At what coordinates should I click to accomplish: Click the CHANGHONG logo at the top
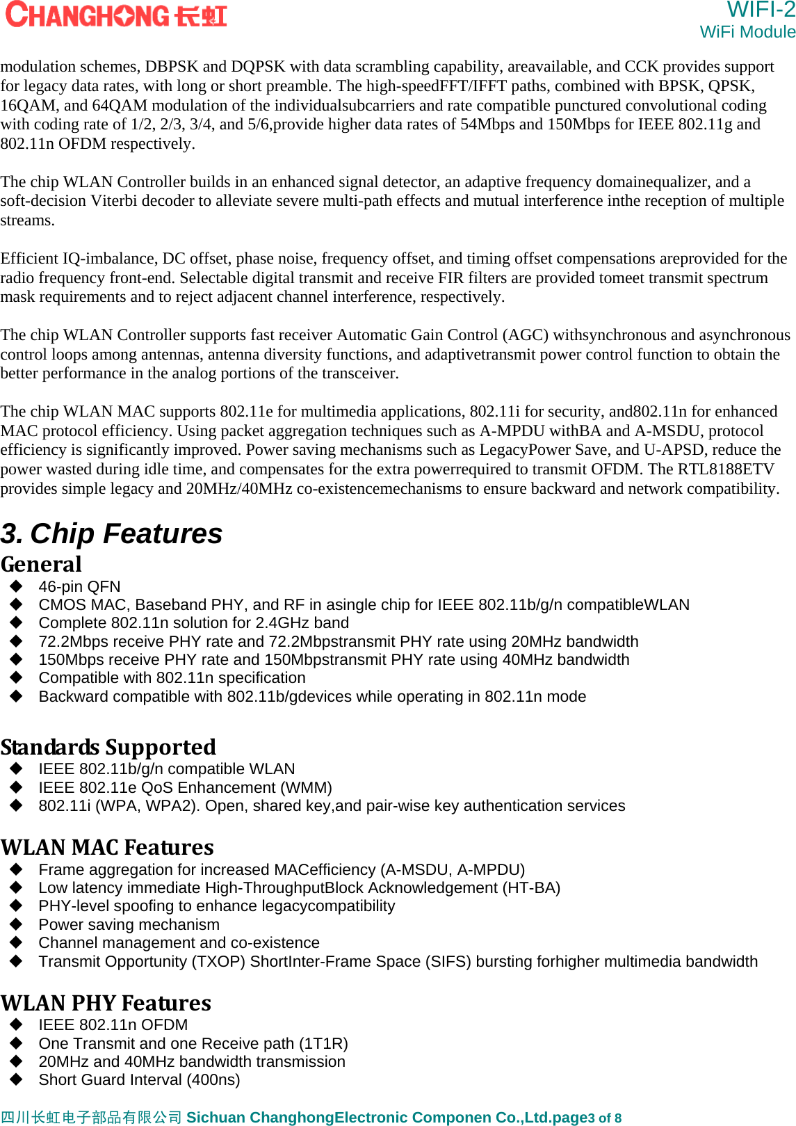point(116,15)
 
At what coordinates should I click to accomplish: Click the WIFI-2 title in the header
point(761,10)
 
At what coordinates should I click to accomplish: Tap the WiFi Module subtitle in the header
point(747,32)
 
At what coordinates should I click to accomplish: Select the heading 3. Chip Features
point(111,534)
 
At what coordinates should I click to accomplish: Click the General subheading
point(41,564)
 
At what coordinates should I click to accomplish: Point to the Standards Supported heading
point(108,747)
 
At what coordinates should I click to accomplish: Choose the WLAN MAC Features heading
point(107,847)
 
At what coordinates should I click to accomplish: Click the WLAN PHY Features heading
point(106,1003)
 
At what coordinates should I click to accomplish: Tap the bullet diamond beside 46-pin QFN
point(17,586)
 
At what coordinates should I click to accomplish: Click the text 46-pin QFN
point(79,586)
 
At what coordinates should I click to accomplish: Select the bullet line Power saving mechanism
point(129,924)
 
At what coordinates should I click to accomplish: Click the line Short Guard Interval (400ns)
point(139,1079)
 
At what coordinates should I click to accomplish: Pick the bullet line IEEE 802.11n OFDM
point(113,1024)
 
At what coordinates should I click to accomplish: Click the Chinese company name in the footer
point(91,1117)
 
